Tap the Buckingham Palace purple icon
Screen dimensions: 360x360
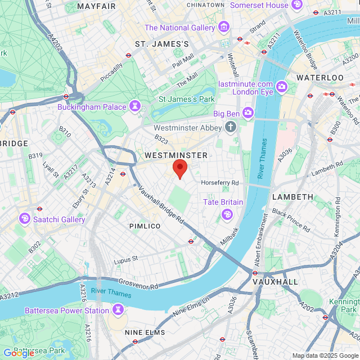tap(134, 106)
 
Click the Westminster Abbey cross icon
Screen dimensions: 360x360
tap(230, 127)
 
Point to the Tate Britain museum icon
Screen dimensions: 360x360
tap(227, 213)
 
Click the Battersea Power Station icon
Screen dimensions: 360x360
tap(118, 310)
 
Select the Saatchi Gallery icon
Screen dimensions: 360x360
tap(25, 218)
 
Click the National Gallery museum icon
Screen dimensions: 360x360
tap(224, 27)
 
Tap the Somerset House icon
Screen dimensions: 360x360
tap(297, 5)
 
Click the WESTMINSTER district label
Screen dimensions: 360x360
tap(176, 155)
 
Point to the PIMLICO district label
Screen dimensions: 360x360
tap(145, 226)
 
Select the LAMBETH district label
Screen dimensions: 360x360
tap(292, 197)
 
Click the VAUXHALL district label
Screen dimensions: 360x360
tap(275, 281)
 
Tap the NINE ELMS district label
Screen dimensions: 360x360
tap(145, 332)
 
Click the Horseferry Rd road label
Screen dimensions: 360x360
tap(220, 183)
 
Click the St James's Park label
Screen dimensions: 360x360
tap(187, 99)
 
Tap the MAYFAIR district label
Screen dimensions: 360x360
tap(96, 6)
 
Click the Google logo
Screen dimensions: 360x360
tap(19, 353)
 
